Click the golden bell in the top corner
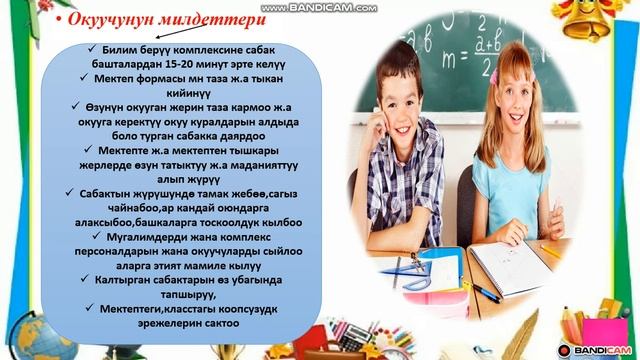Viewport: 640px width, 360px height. click(x=609, y=21)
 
